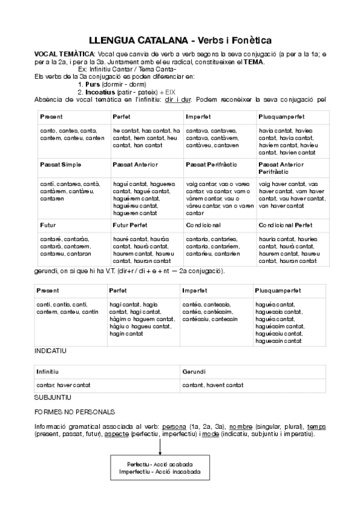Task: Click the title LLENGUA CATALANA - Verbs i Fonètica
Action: (x=180, y=40)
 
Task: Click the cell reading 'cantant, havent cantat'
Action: (x=213, y=385)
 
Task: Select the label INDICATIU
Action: (x=50, y=350)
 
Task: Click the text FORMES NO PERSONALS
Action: (x=75, y=412)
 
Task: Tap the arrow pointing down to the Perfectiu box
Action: (x=160, y=447)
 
